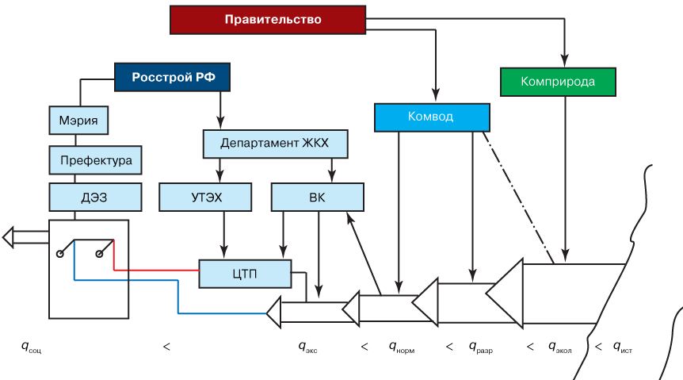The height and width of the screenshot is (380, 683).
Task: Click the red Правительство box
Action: [x=268, y=20]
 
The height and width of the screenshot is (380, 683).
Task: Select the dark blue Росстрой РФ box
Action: [x=172, y=77]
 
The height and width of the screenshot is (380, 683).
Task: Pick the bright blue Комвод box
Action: [x=432, y=117]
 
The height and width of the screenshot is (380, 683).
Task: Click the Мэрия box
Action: [x=78, y=121]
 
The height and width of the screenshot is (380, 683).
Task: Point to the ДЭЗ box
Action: [x=95, y=197]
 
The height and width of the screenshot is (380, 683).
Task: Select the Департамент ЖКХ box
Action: [x=275, y=144]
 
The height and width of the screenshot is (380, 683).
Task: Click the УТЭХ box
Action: [x=206, y=197]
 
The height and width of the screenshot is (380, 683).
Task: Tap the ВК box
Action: [x=317, y=197]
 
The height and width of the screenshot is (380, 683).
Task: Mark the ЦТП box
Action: [x=244, y=274]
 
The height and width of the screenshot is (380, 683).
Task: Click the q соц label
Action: [x=30, y=346]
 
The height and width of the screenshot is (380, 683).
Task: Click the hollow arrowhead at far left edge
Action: [x=8, y=236]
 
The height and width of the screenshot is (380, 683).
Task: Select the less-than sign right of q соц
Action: [x=166, y=346]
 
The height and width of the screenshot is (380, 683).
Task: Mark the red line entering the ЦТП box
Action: [x=158, y=270]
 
